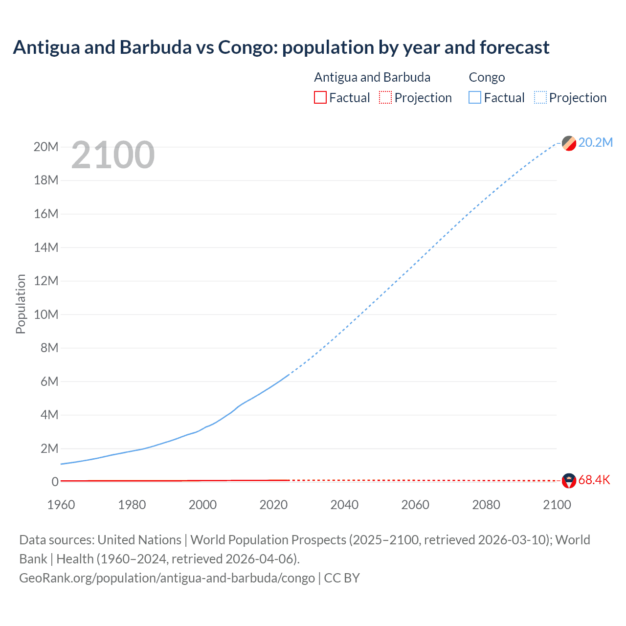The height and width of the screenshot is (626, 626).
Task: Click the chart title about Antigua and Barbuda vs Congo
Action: [x=281, y=47]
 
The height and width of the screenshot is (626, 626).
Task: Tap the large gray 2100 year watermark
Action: [x=113, y=156]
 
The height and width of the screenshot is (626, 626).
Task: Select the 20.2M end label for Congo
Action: [x=595, y=142]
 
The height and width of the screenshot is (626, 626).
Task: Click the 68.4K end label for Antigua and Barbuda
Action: [x=594, y=480]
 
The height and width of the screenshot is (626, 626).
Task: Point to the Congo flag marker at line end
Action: [x=569, y=143]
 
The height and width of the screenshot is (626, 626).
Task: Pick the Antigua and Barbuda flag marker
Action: [x=569, y=481]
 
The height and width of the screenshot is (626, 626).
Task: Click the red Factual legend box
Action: [x=320, y=98]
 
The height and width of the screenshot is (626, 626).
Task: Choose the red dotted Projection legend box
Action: [x=385, y=98]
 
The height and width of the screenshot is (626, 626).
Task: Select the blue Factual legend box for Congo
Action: [x=475, y=98]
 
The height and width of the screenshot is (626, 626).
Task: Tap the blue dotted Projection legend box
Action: [x=540, y=98]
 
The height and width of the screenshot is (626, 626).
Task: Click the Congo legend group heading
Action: [x=487, y=77]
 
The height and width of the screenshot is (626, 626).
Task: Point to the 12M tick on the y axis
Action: [x=46, y=281]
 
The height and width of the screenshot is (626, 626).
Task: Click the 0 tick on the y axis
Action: [x=55, y=482]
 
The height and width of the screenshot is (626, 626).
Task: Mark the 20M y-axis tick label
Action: [x=46, y=147]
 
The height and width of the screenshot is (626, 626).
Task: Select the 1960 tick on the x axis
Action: [x=61, y=505]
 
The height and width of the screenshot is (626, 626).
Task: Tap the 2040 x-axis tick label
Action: [x=344, y=505]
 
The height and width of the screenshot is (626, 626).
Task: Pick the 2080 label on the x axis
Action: [x=486, y=505]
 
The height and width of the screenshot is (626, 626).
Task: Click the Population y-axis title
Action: [x=21, y=304]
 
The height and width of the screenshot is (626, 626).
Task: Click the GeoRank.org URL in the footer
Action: [x=167, y=578]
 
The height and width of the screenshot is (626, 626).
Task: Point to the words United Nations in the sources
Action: [x=139, y=540]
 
